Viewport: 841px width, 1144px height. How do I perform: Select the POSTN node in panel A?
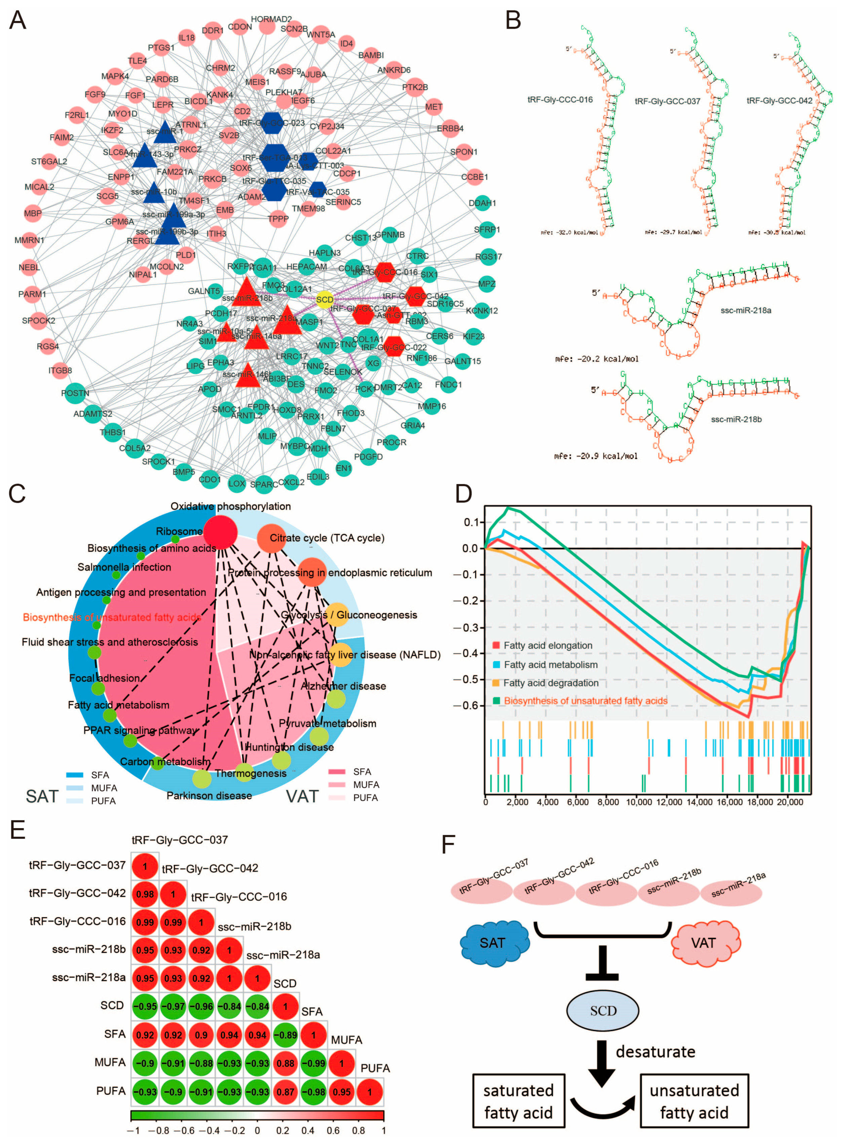(x=75, y=393)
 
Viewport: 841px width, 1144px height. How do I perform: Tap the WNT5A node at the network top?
(x=321, y=35)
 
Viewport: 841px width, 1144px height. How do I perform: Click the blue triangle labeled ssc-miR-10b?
(x=154, y=192)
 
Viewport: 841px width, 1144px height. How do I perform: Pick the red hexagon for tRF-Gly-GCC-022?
(x=393, y=347)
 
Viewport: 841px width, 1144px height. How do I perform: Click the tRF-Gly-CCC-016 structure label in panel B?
(x=560, y=100)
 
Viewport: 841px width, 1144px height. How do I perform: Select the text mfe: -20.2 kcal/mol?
(x=596, y=359)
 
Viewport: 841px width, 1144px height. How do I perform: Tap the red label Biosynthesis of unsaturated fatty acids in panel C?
(x=112, y=617)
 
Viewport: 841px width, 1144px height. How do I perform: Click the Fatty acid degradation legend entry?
(x=550, y=683)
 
